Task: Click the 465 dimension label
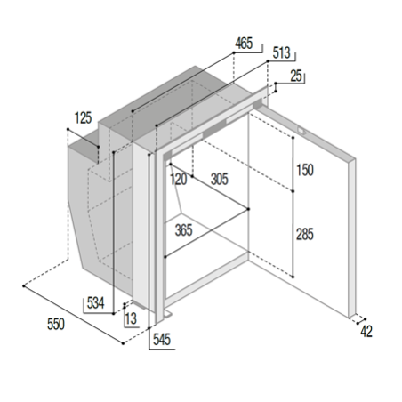click(244, 44)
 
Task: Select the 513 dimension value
click(281, 52)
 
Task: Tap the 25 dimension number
click(296, 76)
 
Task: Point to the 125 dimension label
click(83, 117)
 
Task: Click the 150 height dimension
click(305, 170)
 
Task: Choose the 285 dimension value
click(305, 234)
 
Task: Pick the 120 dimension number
click(178, 180)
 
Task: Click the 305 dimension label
click(220, 179)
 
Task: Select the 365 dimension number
click(183, 230)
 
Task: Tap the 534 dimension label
click(95, 303)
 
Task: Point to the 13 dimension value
click(131, 318)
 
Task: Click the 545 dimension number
click(162, 340)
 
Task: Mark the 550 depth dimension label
click(56, 324)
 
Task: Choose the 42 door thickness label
click(366, 331)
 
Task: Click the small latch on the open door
click(301, 130)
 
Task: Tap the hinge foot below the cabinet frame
click(167, 314)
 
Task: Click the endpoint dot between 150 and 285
click(293, 191)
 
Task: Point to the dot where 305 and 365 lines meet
click(248, 209)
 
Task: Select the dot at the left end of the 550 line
click(24, 285)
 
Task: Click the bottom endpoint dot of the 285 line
click(293, 277)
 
